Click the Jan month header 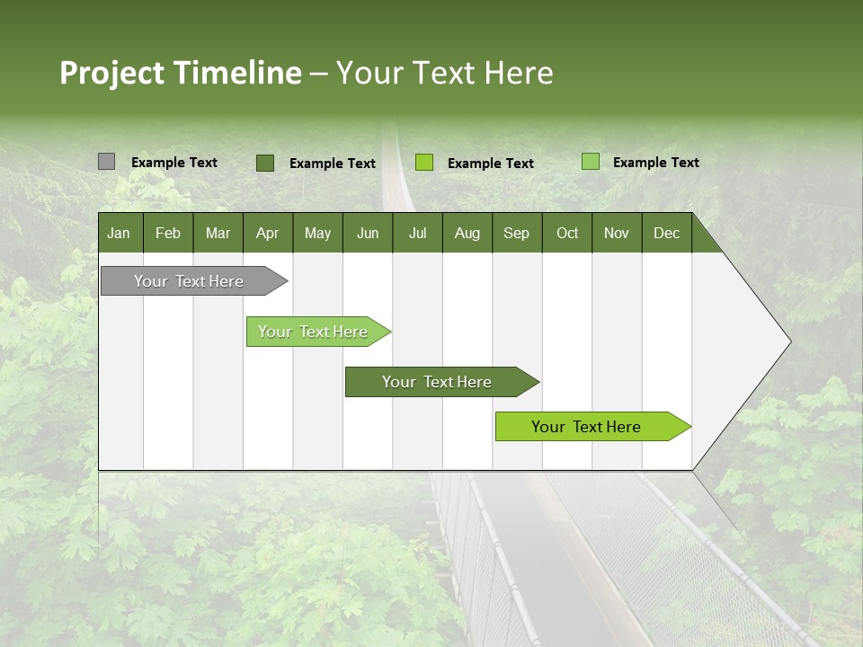[x=119, y=233]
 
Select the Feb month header [x=168, y=233]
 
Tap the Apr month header [x=267, y=233]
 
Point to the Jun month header [x=368, y=233]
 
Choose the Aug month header [x=467, y=233]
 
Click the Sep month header [x=516, y=233]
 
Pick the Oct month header [x=567, y=233]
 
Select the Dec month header [x=666, y=233]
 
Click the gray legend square [x=106, y=162]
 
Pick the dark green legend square [x=264, y=163]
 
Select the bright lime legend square [x=424, y=163]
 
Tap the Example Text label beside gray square [x=174, y=163]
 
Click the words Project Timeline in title [x=180, y=73]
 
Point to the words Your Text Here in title [x=444, y=73]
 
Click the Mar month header [x=218, y=233]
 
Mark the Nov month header [x=617, y=233]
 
